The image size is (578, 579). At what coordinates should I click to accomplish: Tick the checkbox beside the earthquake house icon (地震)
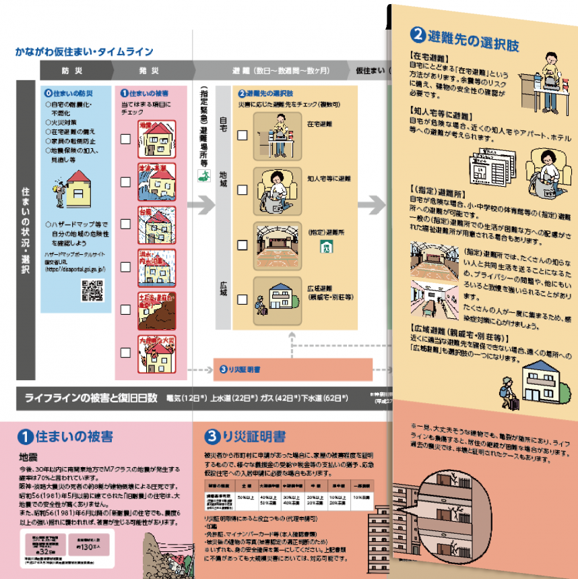pyautogui.click(x=125, y=140)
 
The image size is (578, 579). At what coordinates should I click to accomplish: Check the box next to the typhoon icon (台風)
pyautogui.click(x=125, y=224)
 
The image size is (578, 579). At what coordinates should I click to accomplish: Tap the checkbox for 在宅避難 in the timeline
pyautogui.click(x=243, y=134)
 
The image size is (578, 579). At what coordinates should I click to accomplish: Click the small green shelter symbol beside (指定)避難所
pyautogui.click(x=325, y=247)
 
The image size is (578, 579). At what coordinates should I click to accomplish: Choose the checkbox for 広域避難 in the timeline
pyautogui.click(x=243, y=299)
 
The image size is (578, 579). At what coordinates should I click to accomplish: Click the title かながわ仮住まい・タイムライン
pyautogui.click(x=84, y=52)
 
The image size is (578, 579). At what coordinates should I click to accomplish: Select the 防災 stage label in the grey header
pyautogui.click(x=74, y=69)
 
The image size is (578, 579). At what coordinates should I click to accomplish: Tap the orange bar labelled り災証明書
pyautogui.click(x=293, y=369)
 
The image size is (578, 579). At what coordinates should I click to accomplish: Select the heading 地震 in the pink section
pyautogui.click(x=28, y=456)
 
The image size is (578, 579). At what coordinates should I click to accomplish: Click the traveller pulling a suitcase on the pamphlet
pyautogui.click(x=507, y=393)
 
